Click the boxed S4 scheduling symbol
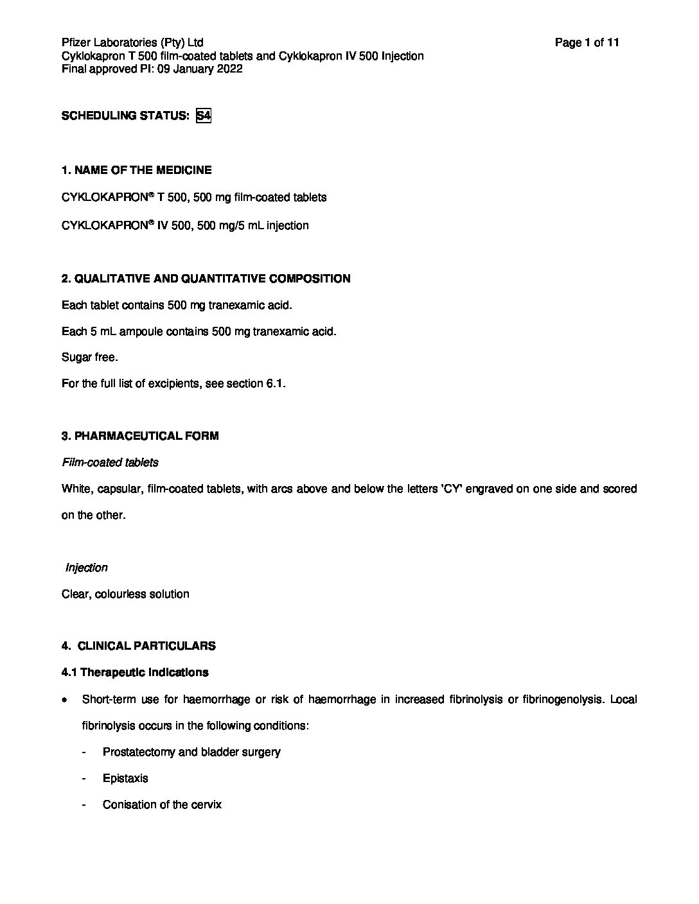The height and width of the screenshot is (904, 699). pyautogui.click(x=204, y=116)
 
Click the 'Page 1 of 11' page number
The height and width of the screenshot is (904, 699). pyautogui.click(x=587, y=43)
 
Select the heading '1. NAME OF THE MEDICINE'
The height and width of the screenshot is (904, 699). pyautogui.click(x=136, y=170)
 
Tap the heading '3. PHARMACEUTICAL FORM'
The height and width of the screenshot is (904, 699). pyautogui.click(x=140, y=436)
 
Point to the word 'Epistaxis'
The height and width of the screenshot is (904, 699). pyautogui.click(x=125, y=778)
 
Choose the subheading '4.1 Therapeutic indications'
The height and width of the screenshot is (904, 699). pyautogui.click(x=135, y=673)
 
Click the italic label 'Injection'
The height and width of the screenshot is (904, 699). pyautogui.click(x=87, y=568)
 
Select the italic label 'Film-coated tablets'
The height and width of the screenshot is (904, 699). pyautogui.click(x=110, y=462)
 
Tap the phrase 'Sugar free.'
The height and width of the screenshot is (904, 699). pyautogui.click(x=90, y=358)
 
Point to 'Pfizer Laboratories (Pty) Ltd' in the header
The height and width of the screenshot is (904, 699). pyautogui.click(x=132, y=43)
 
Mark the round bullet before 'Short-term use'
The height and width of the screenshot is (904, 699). pyautogui.click(x=65, y=700)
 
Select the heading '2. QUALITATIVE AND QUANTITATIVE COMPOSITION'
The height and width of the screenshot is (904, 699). pyautogui.click(x=206, y=279)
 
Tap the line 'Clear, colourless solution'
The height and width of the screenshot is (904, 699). pyautogui.click(x=125, y=594)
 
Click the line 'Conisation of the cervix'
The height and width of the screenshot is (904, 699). pyautogui.click(x=162, y=804)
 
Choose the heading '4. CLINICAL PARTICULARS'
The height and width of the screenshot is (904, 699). pyautogui.click(x=139, y=647)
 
